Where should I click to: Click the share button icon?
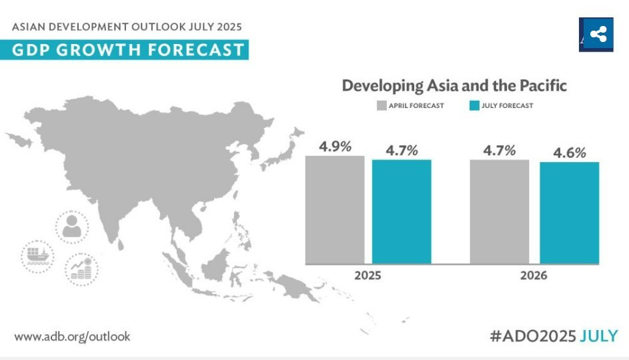click(x=598, y=34)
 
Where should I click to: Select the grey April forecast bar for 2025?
click(x=335, y=209)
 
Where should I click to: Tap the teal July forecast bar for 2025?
click(x=402, y=211)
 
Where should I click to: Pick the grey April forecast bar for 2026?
click(x=500, y=211)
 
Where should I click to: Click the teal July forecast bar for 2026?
click(x=569, y=213)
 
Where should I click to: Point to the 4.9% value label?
click(x=335, y=146)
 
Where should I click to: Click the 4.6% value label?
click(x=569, y=153)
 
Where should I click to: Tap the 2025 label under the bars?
click(x=368, y=275)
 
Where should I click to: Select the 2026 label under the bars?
click(x=534, y=275)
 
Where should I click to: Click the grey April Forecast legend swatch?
click(x=382, y=105)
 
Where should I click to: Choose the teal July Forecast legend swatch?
click(x=474, y=105)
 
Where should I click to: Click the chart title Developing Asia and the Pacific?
click(x=454, y=86)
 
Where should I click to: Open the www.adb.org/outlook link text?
click(x=72, y=337)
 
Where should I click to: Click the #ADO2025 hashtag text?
click(x=532, y=336)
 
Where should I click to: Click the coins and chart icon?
click(x=81, y=269)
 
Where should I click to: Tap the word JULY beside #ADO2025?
click(x=599, y=336)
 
